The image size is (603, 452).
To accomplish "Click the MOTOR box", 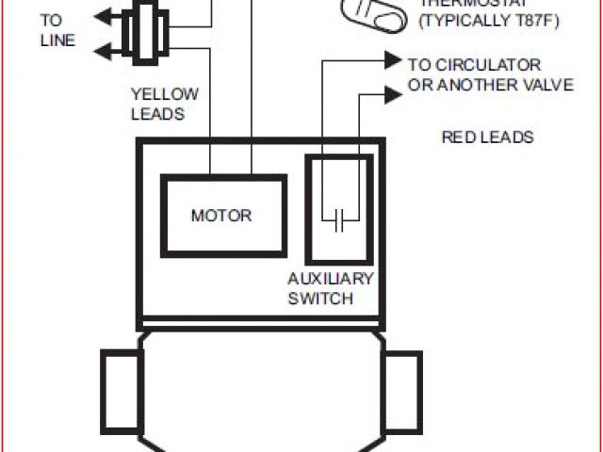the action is point(222,215).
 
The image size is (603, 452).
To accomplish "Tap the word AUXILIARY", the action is point(330,279).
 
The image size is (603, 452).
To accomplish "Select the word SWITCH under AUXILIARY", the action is point(321,299).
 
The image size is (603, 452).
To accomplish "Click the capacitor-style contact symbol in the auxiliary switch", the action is point(340,221).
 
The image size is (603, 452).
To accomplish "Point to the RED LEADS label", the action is point(487,137).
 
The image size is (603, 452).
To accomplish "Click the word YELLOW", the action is point(164,93).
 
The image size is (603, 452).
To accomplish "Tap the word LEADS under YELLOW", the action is point(158,114).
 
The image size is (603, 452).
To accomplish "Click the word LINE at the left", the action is point(57,40).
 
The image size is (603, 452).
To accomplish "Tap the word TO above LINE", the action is point(51,19).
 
